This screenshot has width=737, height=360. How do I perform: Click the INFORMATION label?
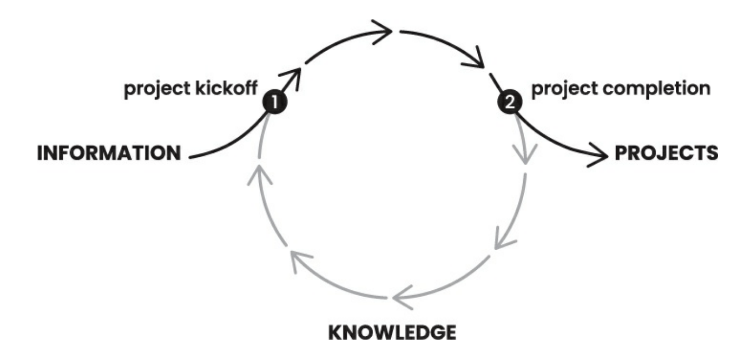[x=109, y=153]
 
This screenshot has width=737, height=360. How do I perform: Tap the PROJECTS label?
[x=666, y=153]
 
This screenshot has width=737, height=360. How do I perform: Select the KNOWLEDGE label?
[x=392, y=333]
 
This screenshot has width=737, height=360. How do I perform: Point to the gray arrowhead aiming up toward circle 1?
[x=258, y=174]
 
